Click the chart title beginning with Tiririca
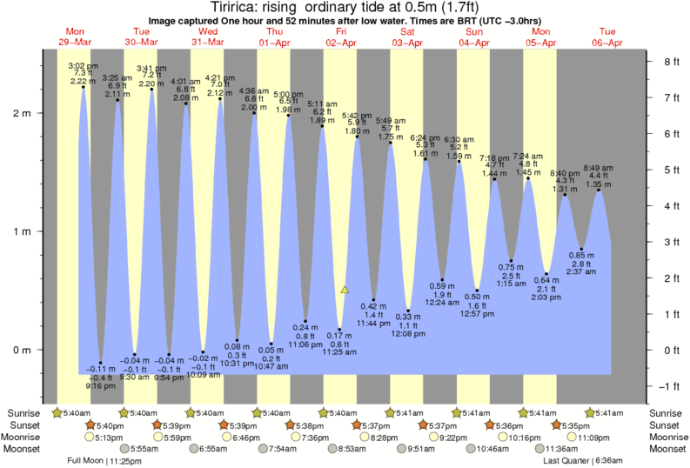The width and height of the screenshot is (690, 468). point(345,8)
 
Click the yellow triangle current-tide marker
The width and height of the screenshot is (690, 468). point(345,290)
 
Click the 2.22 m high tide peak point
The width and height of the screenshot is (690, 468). point(84,87)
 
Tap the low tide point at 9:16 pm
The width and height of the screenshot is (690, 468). point(101,363)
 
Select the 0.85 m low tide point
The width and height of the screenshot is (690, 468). point(581,250)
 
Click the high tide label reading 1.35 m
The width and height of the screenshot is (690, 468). point(599,184)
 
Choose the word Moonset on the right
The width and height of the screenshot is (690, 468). point(667,449)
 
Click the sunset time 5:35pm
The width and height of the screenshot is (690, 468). point(577,425)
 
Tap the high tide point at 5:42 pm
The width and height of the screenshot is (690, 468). point(357,137)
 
